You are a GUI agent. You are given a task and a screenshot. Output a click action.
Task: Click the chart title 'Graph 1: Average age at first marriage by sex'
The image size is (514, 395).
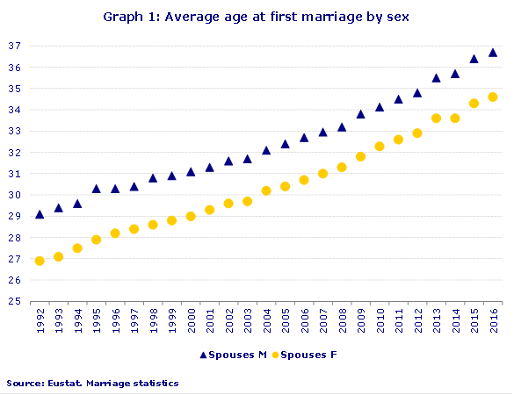pyautogui.click(x=257, y=17)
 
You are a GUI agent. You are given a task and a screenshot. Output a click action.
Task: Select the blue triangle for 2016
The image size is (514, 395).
pyautogui.click(x=493, y=53)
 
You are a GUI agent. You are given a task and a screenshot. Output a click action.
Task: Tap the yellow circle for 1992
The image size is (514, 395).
pyautogui.click(x=40, y=261)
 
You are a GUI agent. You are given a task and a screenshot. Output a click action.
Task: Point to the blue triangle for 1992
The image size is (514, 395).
pyautogui.click(x=40, y=214)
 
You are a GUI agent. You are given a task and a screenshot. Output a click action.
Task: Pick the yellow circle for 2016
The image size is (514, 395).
pyautogui.click(x=493, y=97)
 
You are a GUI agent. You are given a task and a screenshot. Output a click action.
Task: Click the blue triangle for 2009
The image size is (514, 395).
pyautogui.click(x=360, y=114)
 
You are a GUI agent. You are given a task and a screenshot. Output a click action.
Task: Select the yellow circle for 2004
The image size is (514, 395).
pyautogui.click(x=266, y=190)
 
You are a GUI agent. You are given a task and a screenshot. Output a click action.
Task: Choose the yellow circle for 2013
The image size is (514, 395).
pyautogui.click(x=436, y=118)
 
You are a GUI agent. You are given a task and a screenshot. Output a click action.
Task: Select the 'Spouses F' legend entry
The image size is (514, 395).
pyautogui.click(x=303, y=355)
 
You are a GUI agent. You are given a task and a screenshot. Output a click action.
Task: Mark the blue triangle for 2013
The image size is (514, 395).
pyautogui.click(x=436, y=78)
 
